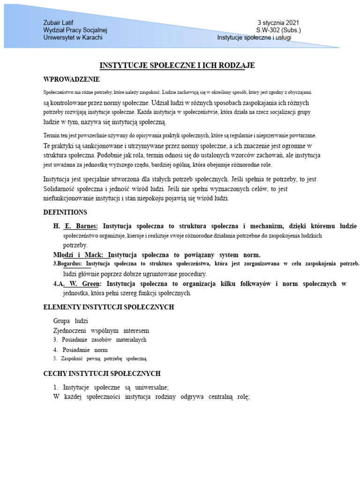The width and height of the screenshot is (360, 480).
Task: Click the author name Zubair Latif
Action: coord(58,22)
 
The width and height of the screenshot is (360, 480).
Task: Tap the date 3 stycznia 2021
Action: coord(278,22)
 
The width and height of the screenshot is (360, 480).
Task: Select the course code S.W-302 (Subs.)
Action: coord(278,30)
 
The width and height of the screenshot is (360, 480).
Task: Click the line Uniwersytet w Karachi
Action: coord(73,37)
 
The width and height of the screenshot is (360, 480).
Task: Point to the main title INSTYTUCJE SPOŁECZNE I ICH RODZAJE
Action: coord(177,66)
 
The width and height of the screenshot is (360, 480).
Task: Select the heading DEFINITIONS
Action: coord(65,212)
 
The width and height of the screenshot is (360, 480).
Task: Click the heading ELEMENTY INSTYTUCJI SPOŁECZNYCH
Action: coord(108,307)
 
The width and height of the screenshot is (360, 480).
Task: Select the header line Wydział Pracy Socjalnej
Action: coord(75,30)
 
